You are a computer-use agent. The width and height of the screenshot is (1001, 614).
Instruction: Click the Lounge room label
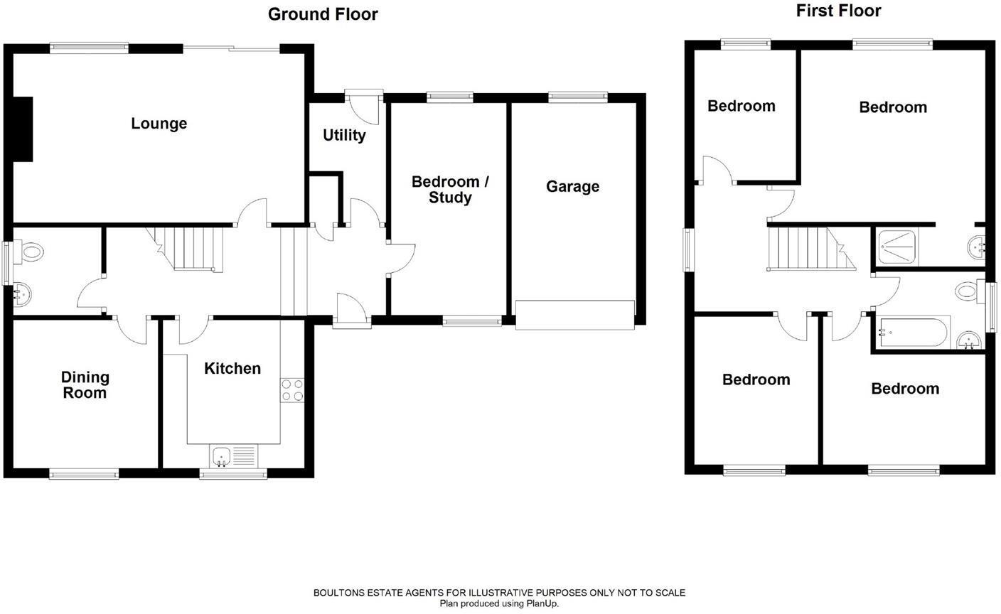[159, 124]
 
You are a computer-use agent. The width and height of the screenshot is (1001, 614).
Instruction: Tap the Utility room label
[344, 135]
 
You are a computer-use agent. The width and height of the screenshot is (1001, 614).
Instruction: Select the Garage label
[572, 186]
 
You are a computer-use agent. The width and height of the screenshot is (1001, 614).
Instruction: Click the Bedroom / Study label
[450, 189]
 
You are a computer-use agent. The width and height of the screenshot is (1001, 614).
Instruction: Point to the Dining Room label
[84, 385]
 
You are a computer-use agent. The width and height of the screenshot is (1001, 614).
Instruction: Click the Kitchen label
[232, 368]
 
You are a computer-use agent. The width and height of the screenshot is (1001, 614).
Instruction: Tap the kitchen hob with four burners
[292, 390]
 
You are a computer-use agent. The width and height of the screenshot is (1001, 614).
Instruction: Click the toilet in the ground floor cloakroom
[31, 252]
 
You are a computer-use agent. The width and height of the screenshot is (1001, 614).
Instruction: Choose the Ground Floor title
[323, 14]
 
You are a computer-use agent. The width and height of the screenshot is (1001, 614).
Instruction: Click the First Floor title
[838, 11]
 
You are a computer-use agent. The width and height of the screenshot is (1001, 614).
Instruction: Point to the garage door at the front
[574, 314]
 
